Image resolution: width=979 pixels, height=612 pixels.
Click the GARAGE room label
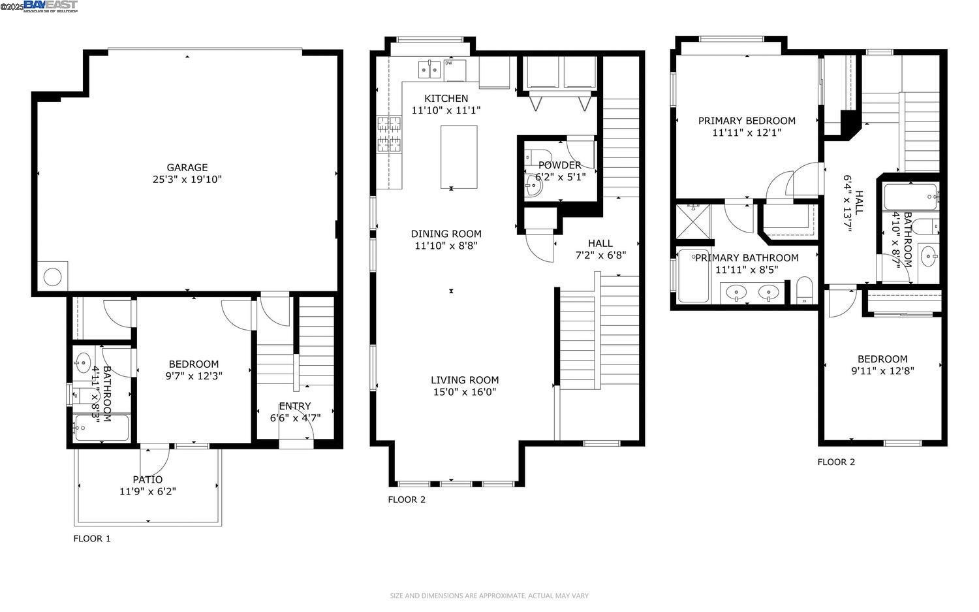tap(187, 167)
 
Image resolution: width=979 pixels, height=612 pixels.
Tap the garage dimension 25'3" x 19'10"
tap(187, 180)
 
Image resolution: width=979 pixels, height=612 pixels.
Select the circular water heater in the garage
tap(52, 276)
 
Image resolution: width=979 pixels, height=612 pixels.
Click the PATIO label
tap(148, 479)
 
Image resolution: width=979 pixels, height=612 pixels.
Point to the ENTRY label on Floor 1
tap(295, 406)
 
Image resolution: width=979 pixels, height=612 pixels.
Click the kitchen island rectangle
tap(459, 156)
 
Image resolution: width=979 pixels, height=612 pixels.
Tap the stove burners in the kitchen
tap(390, 135)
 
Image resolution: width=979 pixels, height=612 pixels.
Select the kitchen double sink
tap(429, 68)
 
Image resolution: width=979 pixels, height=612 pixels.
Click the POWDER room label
tap(559, 165)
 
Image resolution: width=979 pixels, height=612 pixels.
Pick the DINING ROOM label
tap(446, 234)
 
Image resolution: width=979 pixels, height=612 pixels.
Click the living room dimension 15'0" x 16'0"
tap(464, 393)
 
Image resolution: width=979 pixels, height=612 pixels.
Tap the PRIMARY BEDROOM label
tap(747, 121)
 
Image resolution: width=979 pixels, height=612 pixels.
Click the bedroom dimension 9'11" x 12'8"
tap(882, 371)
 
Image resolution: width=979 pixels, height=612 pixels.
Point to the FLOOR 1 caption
tap(92, 539)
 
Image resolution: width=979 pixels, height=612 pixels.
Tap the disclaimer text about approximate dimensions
tap(489, 596)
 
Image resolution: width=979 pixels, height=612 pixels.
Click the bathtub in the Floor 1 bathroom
tap(101, 428)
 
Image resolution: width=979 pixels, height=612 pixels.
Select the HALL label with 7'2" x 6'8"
tap(600, 244)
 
